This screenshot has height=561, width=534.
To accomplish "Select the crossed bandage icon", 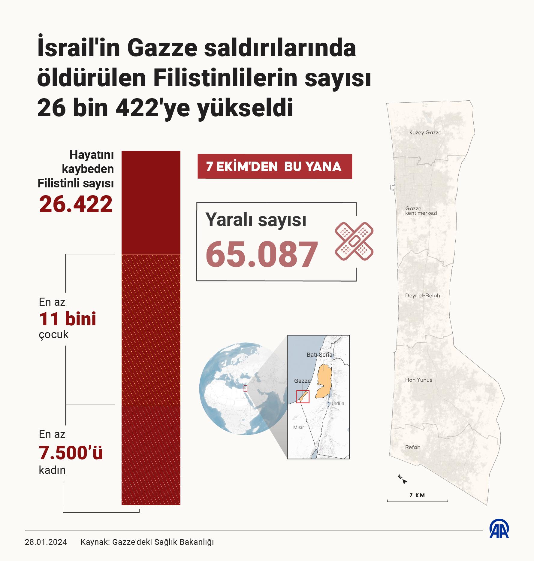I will (354, 241).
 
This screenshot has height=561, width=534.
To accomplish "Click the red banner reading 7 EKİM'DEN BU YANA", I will (274, 166).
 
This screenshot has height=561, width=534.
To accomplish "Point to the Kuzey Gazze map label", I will (425, 132).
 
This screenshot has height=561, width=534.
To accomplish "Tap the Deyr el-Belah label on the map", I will (422, 296).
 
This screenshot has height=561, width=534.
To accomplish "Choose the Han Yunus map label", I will (418, 380).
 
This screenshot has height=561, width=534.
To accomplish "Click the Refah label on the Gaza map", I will (412, 447).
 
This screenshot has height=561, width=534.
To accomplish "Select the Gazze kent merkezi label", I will (421, 211).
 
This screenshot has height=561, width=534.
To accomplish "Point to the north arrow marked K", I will (403, 479).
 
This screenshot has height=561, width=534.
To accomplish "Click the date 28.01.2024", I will (46, 542).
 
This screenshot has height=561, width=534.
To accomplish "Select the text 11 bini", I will (68, 319).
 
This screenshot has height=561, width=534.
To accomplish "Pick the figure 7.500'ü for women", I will (71, 453).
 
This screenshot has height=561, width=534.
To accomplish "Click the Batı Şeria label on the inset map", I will (319, 355).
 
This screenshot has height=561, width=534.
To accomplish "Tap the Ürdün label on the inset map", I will (338, 403).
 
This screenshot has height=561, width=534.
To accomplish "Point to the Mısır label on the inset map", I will (299, 427).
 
